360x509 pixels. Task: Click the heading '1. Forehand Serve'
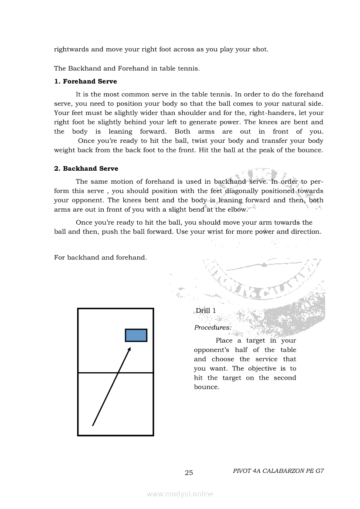point(85,81)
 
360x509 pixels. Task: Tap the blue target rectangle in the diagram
point(136,335)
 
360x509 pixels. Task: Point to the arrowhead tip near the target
point(130,348)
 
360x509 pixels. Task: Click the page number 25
point(189,473)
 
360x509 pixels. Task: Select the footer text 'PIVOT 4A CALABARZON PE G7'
point(278,471)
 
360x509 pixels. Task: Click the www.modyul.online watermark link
point(180,494)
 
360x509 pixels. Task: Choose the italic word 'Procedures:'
point(213,327)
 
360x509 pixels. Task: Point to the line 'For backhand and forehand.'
point(100,257)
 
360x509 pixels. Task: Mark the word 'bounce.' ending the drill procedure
point(206,387)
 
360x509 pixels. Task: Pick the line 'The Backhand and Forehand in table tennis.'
point(126,68)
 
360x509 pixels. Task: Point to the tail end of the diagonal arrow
point(93,425)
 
